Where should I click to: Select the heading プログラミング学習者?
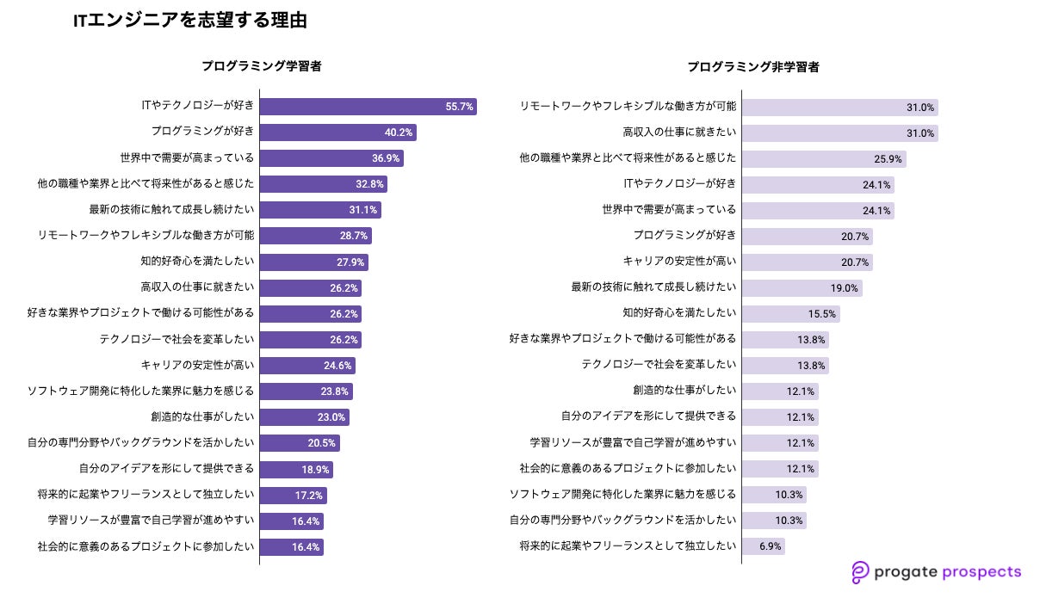262,66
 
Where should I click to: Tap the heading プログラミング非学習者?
752,66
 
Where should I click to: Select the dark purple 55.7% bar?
368,107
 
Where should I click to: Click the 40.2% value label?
399,133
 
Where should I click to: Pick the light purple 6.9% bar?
763,546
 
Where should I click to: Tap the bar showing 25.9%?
824,158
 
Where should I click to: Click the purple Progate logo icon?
859,572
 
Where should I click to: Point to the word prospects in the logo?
980,571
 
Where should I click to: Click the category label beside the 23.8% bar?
141,391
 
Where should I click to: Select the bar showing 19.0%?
802,287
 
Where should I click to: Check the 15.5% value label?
820,313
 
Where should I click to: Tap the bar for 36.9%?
331,158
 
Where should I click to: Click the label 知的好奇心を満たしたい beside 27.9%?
197,262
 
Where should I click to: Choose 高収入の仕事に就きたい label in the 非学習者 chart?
679,133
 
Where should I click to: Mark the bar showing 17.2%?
293,495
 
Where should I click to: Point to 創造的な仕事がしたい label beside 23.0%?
202,416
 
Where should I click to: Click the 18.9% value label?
316,469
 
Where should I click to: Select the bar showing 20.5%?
299,443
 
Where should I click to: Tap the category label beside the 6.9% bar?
628,546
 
